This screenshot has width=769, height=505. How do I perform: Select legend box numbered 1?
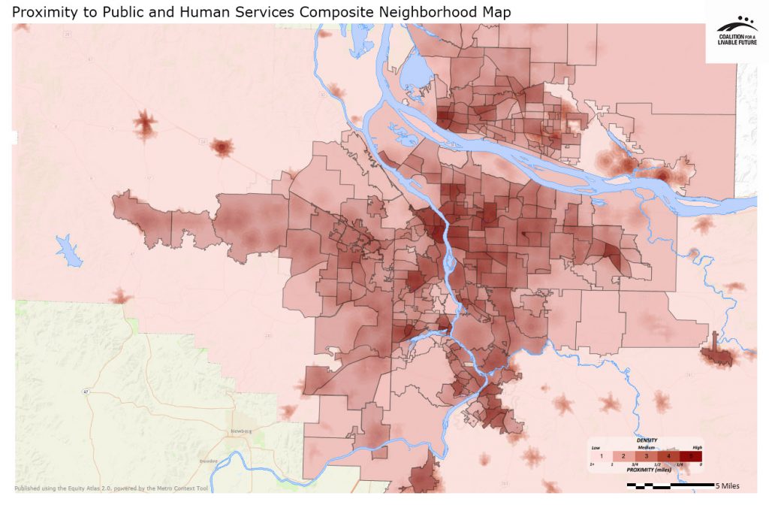602,456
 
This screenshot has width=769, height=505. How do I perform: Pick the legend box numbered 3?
647,456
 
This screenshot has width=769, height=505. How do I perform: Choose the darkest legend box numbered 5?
692,456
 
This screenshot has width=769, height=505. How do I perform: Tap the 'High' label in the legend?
697,447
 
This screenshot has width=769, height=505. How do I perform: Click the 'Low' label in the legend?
596,447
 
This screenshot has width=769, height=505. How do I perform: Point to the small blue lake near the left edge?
66,249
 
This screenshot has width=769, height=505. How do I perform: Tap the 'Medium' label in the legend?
647,447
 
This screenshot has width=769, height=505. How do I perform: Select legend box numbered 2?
625,456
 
